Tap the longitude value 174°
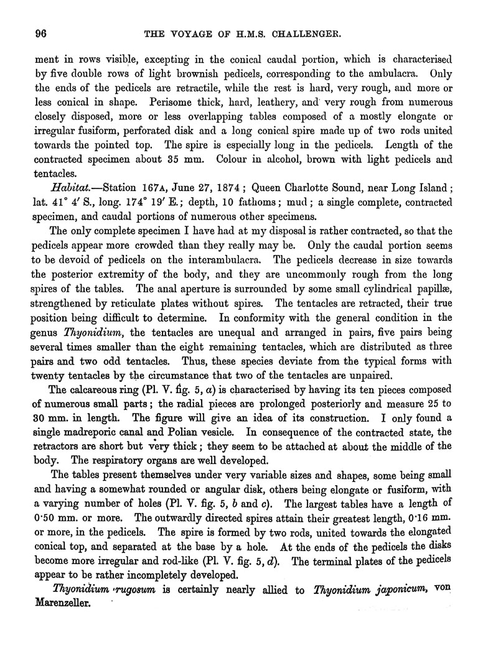click(x=167, y=203)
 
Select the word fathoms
click(x=291, y=203)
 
